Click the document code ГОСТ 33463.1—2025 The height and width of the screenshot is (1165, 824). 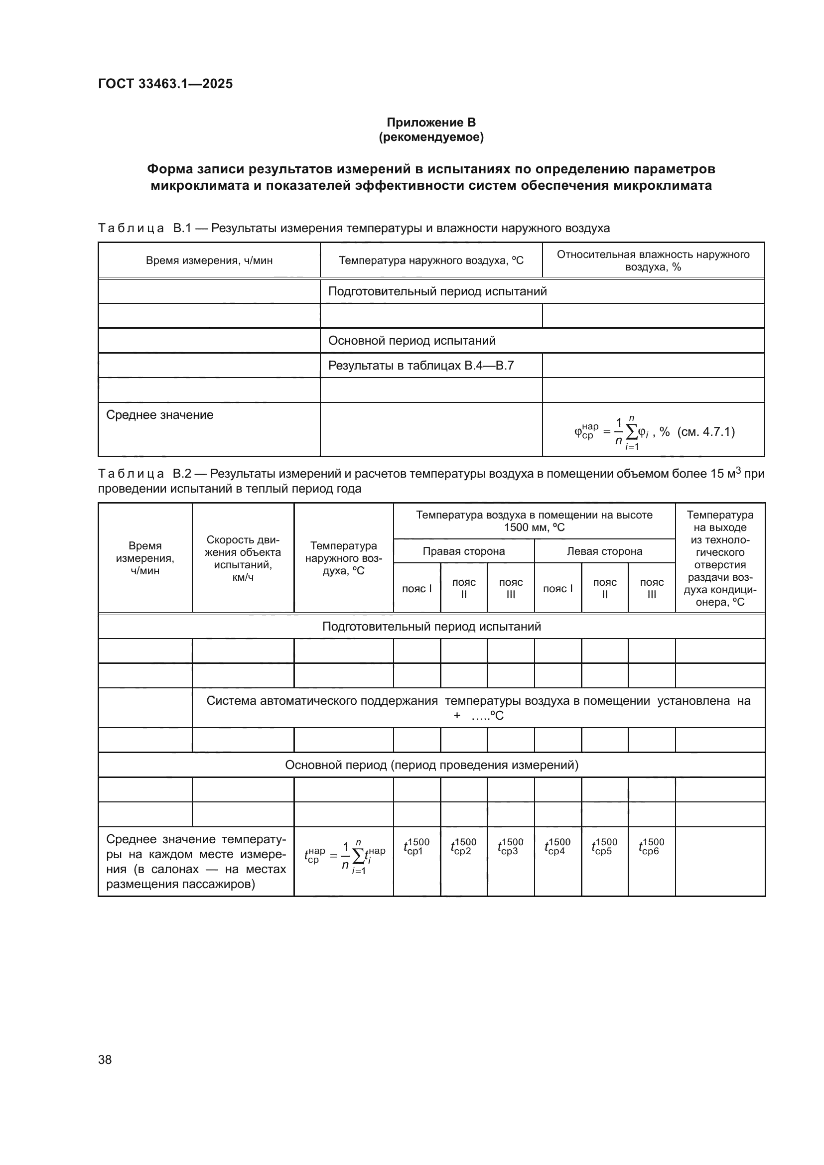pos(165,84)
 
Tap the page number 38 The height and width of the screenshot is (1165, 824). pos(105,1059)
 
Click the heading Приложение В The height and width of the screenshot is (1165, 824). pos(431,123)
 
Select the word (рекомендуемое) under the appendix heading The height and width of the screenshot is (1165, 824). pos(431,137)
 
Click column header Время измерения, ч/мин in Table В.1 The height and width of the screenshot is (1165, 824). pos(209,260)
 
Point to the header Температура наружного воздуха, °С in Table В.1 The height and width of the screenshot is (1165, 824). pos(431,260)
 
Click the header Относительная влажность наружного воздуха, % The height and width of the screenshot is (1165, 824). pos(653,260)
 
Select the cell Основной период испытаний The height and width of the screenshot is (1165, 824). pos(412,341)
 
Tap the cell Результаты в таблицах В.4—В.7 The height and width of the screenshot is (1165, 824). pos(420,365)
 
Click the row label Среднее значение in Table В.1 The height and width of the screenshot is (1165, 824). pos(160,414)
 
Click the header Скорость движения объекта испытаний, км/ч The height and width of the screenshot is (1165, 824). pos(243,558)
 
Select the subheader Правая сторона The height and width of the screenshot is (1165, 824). pos(463,551)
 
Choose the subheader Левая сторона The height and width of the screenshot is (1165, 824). pos(604,551)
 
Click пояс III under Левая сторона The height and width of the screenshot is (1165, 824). pos(652,588)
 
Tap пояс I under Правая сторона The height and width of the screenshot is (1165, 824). pos(416,589)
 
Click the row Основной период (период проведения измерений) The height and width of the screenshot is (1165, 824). pos(431,765)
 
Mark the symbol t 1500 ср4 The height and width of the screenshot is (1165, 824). pos(557,846)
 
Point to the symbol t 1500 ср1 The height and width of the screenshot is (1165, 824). pos(416,846)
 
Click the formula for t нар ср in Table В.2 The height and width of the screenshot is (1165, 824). pos(344,857)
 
